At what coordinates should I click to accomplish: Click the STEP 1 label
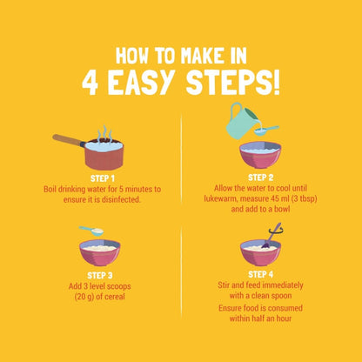[x=103, y=178]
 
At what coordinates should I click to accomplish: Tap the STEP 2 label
[x=260, y=178]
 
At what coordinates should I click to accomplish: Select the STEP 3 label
[x=100, y=275]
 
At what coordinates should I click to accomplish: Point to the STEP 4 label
[x=260, y=274]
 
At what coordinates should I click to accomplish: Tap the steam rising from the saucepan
[x=104, y=134]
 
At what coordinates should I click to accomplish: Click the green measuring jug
[x=241, y=121]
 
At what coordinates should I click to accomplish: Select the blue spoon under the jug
[x=265, y=131]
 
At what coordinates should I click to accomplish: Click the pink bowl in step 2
[x=260, y=155]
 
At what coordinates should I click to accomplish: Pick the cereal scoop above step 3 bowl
[x=91, y=230]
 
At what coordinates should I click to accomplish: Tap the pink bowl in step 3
[x=100, y=252]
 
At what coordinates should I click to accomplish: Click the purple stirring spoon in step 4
[x=271, y=237]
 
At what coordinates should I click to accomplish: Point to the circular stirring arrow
[x=276, y=231]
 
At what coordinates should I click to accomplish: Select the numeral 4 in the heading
[x=90, y=82]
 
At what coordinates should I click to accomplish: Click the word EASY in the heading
[x=143, y=82]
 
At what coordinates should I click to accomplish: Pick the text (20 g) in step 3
[x=84, y=297]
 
